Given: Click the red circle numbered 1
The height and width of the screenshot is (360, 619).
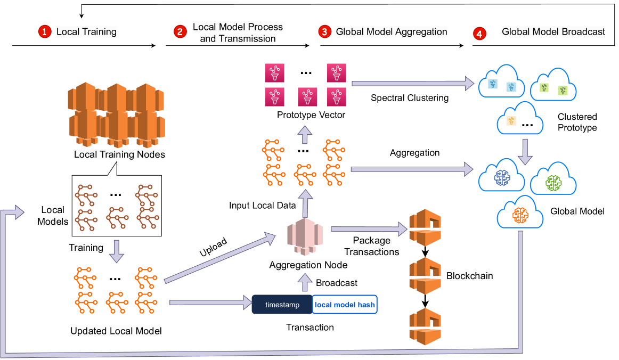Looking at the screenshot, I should [44, 32].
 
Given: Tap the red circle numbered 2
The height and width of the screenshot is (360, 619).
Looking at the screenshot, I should [180, 32].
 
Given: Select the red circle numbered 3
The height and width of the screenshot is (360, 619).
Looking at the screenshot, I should [324, 32].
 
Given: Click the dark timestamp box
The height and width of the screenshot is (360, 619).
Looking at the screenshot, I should [282, 305].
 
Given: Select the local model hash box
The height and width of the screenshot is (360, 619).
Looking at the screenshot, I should [345, 305].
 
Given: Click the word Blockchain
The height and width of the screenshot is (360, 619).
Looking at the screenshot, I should [470, 276].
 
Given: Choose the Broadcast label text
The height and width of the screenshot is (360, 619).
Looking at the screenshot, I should [337, 282].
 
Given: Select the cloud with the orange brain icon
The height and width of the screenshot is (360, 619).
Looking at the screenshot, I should [520, 215].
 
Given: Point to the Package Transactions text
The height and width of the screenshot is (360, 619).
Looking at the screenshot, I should [371, 246].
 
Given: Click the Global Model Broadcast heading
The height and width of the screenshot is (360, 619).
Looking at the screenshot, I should [553, 32].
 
